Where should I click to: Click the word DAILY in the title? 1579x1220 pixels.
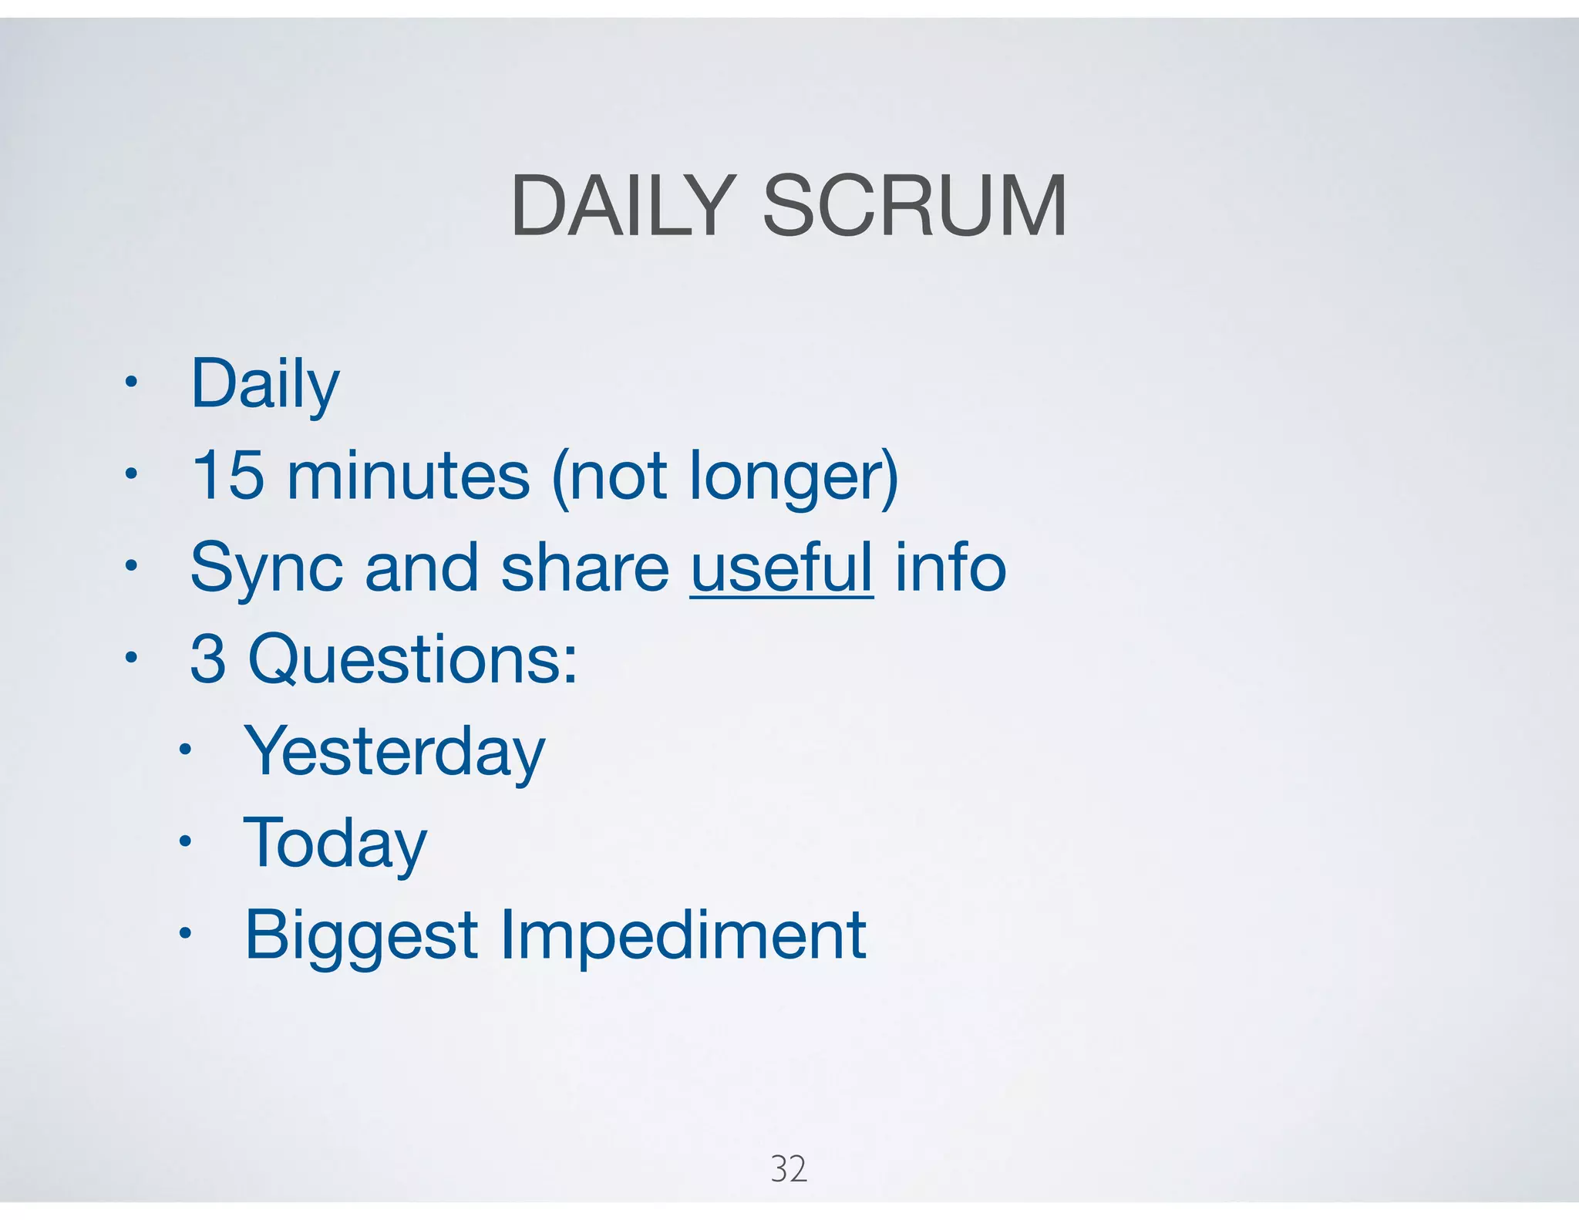621,206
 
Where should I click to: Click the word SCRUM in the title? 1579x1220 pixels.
914,206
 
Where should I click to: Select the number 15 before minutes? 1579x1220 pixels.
227,475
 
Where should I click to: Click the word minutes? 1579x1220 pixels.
409,475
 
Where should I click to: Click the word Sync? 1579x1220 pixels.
266,569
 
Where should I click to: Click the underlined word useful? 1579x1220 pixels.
782,568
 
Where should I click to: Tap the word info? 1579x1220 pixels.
951,568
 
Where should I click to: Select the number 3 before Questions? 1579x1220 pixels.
208,659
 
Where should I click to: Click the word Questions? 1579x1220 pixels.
412,660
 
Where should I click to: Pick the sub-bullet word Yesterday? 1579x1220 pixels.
394,752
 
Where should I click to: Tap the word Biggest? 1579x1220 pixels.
361,936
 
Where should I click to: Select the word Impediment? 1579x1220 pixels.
683,935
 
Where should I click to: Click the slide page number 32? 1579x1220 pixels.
788,1169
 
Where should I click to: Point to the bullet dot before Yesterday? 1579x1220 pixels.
184,750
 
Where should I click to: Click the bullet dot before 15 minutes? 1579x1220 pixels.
131,474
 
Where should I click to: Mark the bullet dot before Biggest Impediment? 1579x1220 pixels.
184,934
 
